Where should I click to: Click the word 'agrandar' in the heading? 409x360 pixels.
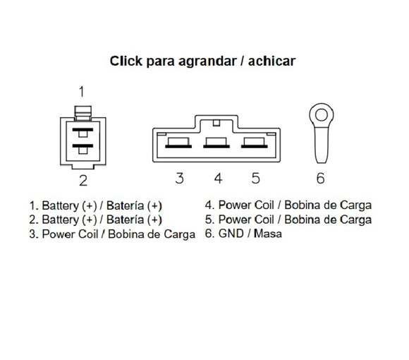click(x=207, y=61)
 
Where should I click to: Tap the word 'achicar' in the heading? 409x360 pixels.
click(x=271, y=61)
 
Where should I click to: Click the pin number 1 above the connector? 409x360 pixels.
click(x=82, y=92)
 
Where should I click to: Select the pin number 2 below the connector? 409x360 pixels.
click(x=83, y=181)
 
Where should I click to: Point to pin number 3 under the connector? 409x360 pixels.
click(x=179, y=178)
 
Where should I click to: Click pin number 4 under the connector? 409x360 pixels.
click(x=218, y=178)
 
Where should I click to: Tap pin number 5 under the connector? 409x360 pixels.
click(x=255, y=178)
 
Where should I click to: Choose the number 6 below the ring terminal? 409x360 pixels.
click(x=321, y=178)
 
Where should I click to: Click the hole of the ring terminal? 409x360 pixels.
click(x=322, y=115)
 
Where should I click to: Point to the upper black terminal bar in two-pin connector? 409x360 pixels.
click(x=83, y=130)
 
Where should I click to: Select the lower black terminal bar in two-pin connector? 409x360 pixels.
click(x=83, y=145)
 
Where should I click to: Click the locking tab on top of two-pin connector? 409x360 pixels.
click(x=83, y=113)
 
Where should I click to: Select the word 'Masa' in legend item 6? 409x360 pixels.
click(x=268, y=234)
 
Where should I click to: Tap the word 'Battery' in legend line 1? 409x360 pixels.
click(x=60, y=205)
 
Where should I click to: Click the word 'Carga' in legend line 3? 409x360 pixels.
click(x=179, y=234)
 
